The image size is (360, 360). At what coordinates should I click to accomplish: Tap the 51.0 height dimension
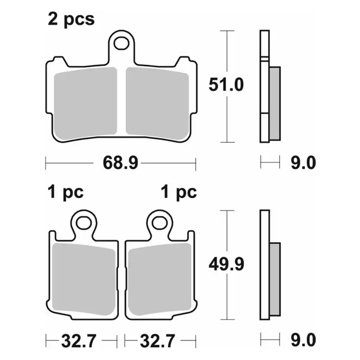(x=226, y=85)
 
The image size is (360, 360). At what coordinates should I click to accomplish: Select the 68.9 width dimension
(x=121, y=163)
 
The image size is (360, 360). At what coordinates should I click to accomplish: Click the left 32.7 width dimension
(x=79, y=341)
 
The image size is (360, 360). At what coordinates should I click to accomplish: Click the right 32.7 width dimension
(x=158, y=341)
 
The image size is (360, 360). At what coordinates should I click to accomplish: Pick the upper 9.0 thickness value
(x=303, y=163)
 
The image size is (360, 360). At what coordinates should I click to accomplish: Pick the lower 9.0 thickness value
(x=303, y=340)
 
